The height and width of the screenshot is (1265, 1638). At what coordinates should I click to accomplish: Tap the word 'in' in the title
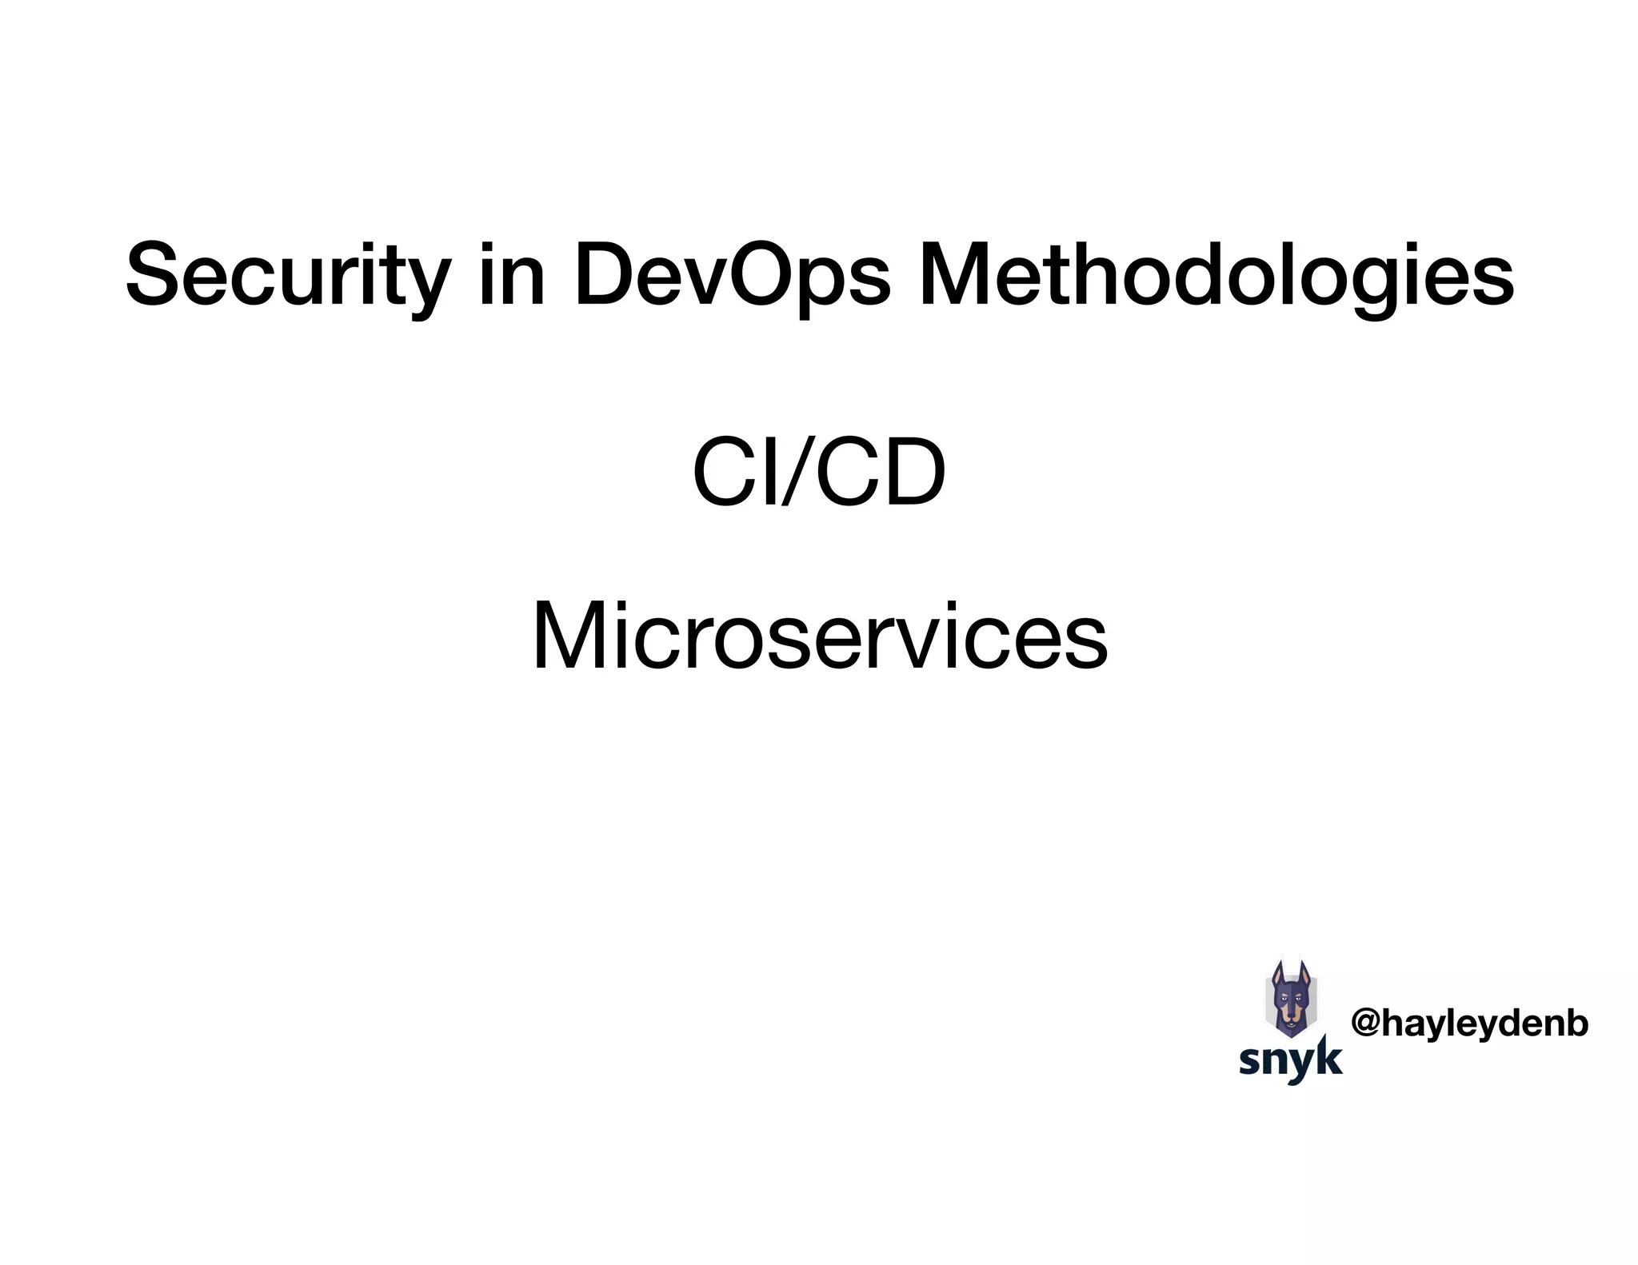tap(512, 276)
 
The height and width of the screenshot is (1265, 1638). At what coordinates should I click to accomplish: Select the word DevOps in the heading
tap(731, 276)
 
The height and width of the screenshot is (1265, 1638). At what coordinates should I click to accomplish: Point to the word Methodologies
tap(1216, 276)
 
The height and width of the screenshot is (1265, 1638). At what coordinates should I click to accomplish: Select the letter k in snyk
tap(1328, 1057)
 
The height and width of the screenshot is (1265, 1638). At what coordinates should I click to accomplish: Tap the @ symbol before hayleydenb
tap(1366, 1024)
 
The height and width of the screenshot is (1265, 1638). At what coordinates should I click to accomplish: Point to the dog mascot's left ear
tap(1277, 974)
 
